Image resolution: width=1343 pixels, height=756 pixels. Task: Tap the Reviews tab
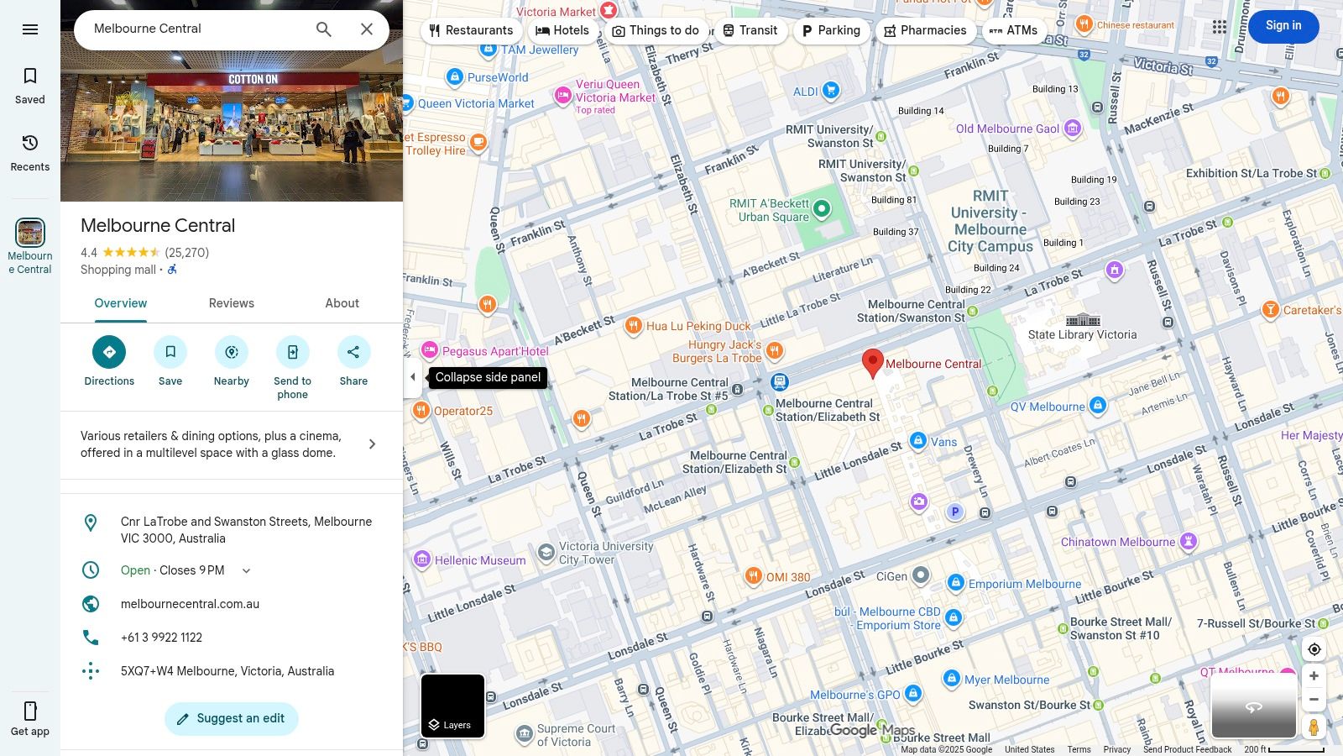232,303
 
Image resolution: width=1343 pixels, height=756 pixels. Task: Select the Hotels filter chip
562,30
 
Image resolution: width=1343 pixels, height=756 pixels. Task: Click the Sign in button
1283,26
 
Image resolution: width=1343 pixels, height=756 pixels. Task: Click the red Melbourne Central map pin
873,362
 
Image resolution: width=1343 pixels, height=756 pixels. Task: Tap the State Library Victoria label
1082,334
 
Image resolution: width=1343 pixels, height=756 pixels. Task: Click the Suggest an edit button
232,718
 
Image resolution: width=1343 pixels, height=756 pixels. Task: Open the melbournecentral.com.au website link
190,604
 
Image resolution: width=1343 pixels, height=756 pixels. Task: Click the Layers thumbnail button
452,706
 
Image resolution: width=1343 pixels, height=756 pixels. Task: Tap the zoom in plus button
1314,676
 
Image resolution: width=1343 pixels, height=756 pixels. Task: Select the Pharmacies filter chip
925,30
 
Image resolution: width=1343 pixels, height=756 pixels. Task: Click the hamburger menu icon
30,29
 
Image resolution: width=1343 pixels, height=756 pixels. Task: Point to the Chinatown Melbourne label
1117,542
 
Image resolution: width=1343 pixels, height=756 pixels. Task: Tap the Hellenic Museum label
480,560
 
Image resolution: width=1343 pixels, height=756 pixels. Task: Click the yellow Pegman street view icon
1314,727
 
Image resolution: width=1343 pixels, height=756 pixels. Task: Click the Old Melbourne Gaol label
1007,129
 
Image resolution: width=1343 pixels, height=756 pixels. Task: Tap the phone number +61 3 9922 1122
162,638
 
